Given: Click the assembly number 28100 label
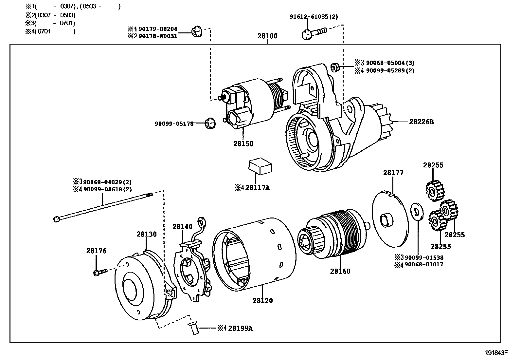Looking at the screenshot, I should pos(267,36).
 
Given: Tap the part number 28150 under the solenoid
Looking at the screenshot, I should pos(243,143).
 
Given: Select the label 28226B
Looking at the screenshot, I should pos(421,122).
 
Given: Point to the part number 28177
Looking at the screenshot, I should pos(393,173).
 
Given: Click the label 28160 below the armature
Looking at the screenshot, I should pos(340,271).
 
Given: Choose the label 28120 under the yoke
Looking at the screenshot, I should pos(262,300).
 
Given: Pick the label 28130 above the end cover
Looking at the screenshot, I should pos(147,234).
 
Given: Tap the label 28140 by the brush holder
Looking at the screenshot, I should pos(183,226).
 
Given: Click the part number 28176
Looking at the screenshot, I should pos(97,251).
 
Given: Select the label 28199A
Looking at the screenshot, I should pos(240,328).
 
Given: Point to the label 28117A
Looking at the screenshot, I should pos(257,188).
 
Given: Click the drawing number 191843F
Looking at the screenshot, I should pos(496,353).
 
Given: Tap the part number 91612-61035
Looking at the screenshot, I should pos(309,16).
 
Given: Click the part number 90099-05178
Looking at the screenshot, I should pos(174,123).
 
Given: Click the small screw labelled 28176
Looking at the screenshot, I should pos(100,272).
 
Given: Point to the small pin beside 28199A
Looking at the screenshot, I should pos(193,328).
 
